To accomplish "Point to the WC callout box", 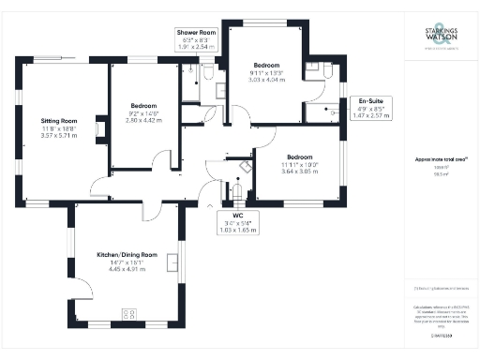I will click(238, 223).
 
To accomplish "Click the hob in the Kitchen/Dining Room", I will click(127, 314).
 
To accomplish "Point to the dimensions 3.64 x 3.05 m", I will click(299, 172).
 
